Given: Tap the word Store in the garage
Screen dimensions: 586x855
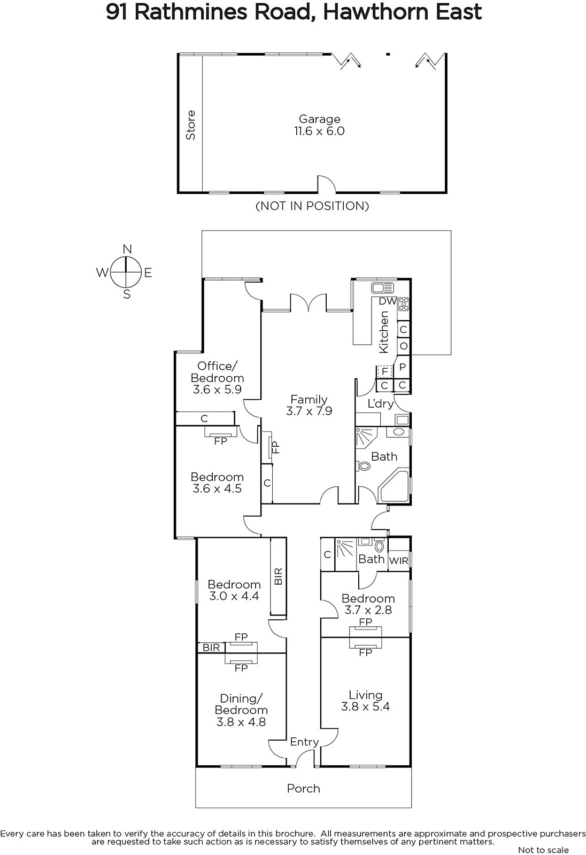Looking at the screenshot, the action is pos(190,125).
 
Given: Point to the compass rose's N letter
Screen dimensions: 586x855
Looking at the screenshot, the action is pos(127,249).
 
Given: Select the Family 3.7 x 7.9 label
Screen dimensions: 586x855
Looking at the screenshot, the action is pos(309,405).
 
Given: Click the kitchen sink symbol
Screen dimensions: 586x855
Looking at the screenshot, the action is pos(382,288).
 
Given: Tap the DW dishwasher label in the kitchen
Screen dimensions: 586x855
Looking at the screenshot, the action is pos(388,301).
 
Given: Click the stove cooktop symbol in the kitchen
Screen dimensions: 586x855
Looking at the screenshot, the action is pos(404,304).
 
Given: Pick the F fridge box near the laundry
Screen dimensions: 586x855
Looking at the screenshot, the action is pos(384,371).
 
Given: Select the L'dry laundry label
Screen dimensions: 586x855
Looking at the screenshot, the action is pos(381,403).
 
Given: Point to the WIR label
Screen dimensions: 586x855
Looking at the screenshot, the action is pos(398,561).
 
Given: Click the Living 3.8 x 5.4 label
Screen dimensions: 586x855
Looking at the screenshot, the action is pos(366,701).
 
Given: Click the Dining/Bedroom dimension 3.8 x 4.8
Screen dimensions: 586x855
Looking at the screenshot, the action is pos(241,722).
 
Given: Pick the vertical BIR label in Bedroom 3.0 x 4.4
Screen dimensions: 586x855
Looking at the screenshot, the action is pos(279,577).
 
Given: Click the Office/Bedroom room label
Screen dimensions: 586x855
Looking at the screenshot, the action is pos(218,372).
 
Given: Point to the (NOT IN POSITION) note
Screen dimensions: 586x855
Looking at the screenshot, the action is pos(312,206).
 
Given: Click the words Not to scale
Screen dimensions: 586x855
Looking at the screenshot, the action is pos(544,850).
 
